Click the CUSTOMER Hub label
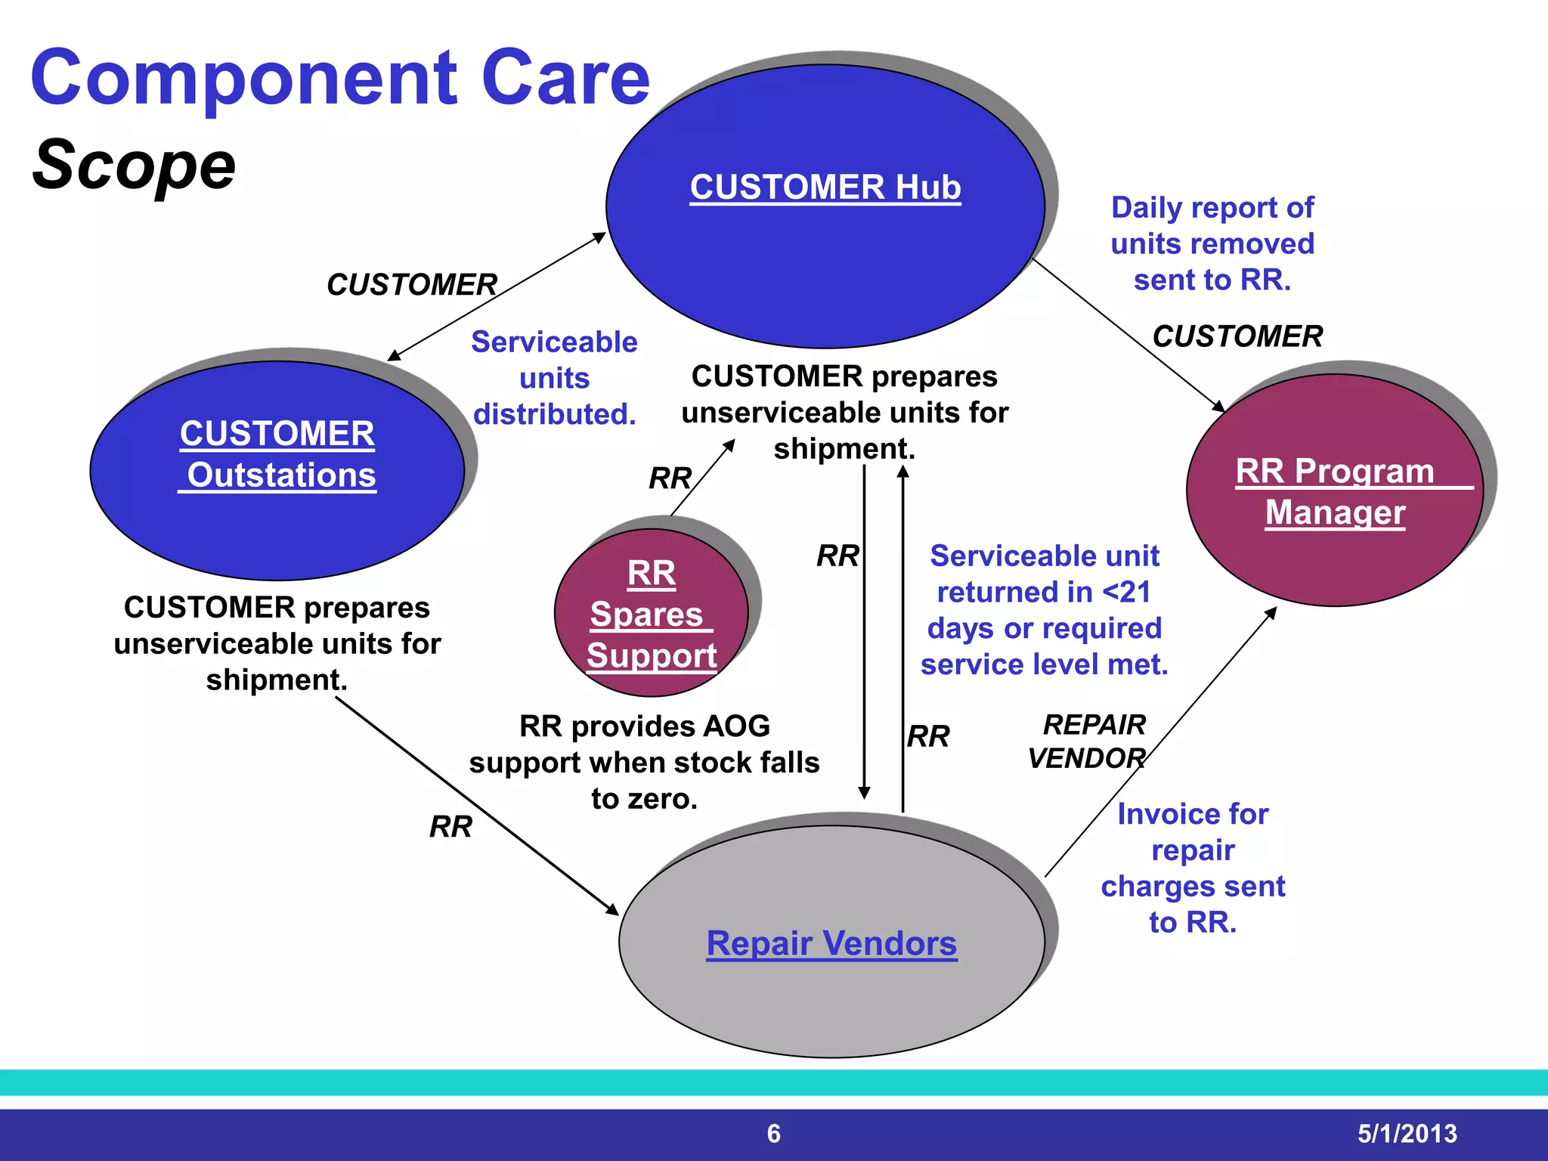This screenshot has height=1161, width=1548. click(x=825, y=187)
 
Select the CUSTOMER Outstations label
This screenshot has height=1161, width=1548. click(x=277, y=454)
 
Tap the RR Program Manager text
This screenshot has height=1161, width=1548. click(x=1335, y=491)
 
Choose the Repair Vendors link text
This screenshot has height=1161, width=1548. click(x=831, y=943)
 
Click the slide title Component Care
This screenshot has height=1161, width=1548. click(x=340, y=78)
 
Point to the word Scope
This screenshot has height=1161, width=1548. click(x=134, y=166)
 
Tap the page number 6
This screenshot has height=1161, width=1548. click(x=773, y=1133)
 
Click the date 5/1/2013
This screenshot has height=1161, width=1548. click(x=1407, y=1133)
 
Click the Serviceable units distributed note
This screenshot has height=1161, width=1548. click(x=554, y=378)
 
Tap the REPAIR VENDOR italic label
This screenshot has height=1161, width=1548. click(x=1088, y=741)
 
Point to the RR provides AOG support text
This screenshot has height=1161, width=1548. click(x=644, y=762)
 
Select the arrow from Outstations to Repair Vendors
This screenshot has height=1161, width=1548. click(x=476, y=805)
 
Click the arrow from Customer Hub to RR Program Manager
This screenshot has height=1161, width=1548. click(x=1128, y=335)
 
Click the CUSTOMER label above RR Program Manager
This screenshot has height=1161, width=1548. click(x=1237, y=336)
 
